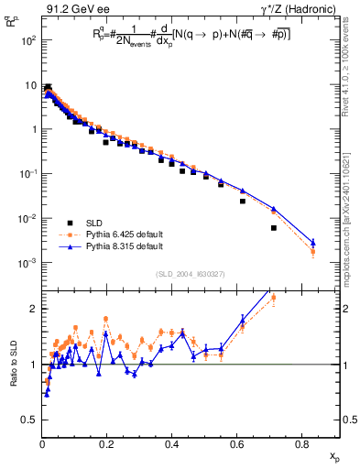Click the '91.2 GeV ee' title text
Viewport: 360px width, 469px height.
74,10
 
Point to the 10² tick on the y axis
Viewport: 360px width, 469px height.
26,40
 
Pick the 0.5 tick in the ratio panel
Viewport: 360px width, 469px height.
30,420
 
